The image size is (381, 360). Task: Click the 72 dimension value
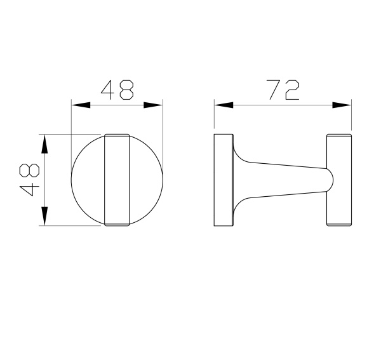pos(283,90)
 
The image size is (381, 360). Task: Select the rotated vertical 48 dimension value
pos(29,180)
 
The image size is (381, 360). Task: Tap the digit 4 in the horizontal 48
pos(108,90)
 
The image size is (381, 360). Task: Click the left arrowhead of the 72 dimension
pos(222,105)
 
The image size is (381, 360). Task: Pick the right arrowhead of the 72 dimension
pos(342,105)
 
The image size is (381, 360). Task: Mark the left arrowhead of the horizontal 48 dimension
pos(80,105)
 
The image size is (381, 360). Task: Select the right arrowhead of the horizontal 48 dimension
pos(154,105)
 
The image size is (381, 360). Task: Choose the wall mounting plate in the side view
pos(223,180)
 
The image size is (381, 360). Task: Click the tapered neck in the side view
pos(279,179)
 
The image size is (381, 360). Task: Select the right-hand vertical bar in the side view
pos(338,180)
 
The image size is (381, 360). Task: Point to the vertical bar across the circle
pos(117,180)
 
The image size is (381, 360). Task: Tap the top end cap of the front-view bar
pos(117,137)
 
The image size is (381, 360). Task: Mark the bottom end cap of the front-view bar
pos(117,223)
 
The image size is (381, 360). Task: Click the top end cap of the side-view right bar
pos(338,137)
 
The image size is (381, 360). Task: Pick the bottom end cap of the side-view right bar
pos(338,223)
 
